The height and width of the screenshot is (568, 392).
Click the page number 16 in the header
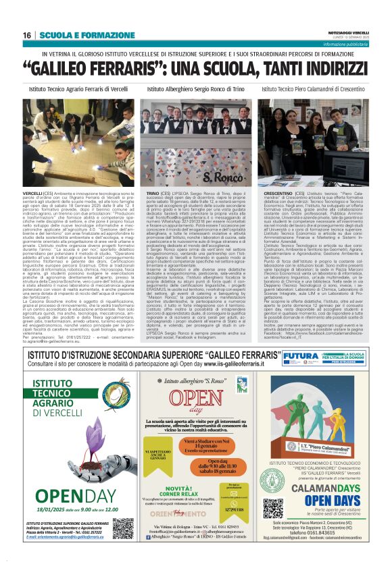pyautogui.click(x=28, y=35)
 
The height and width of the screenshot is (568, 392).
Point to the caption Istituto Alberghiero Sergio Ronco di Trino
pyautogui.click(x=195, y=88)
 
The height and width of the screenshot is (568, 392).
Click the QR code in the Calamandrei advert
pyautogui.click(x=272, y=508)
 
